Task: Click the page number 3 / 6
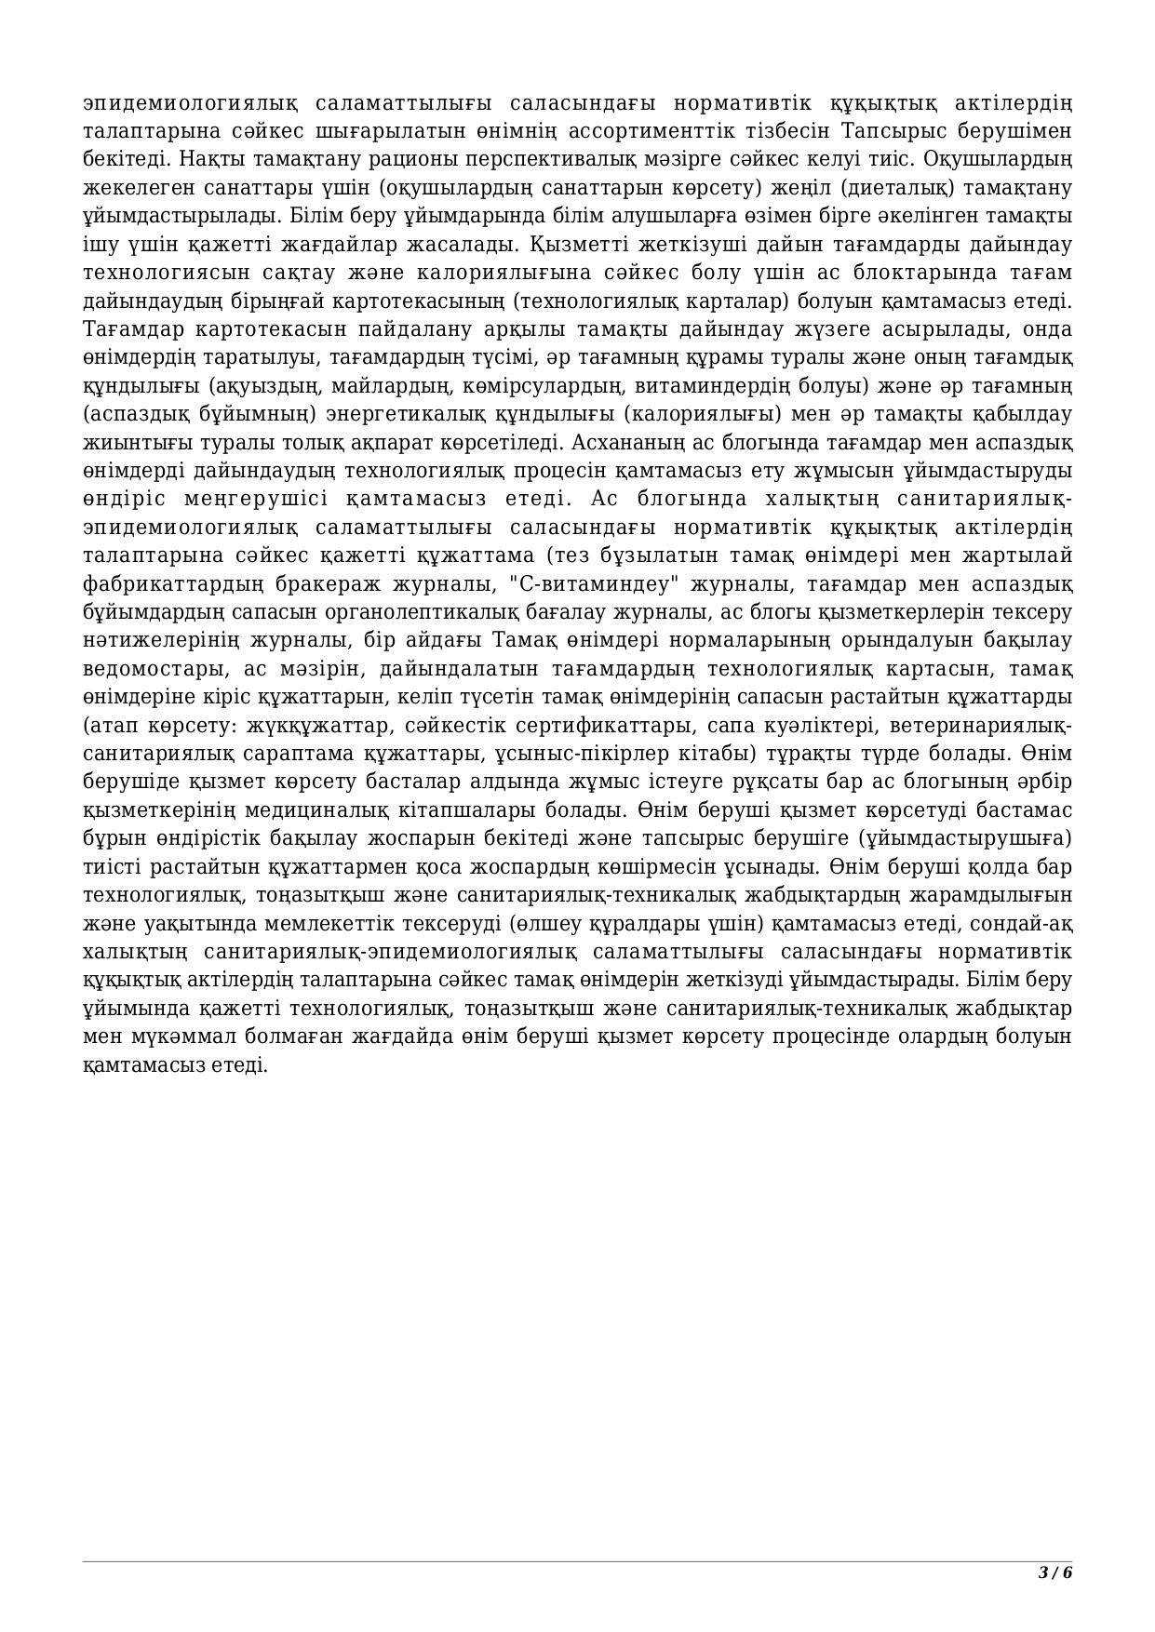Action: (x=1055, y=1572)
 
